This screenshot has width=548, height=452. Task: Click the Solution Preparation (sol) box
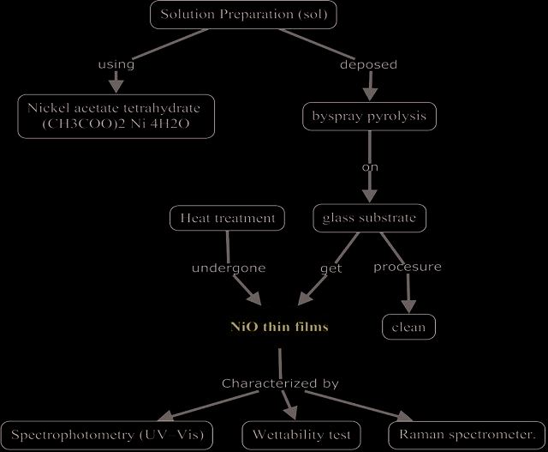[243, 15]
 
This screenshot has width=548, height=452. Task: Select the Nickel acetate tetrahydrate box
[116, 117]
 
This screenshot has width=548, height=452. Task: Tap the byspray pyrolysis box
[369, 117]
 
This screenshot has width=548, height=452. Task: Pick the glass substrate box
[369, 218]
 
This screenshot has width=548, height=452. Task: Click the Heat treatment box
[227, 218]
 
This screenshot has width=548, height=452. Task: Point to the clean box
[408, 327]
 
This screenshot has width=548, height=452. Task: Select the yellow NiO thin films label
[279, 327]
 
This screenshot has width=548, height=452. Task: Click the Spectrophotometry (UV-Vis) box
[107, 435]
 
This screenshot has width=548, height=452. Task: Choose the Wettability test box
[301, 435]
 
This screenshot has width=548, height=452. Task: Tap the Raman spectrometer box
[467, 435]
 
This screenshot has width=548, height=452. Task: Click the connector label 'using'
[116, 64]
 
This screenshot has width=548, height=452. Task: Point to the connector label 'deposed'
[368, 64]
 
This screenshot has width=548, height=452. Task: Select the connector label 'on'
[370, 167]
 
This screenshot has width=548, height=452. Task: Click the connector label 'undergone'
[229, 268]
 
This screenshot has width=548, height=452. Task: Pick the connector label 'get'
[331, 268]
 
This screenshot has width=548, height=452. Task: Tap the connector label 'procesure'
[408, 267]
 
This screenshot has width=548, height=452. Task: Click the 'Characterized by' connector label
[280, 383]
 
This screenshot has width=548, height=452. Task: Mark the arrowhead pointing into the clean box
[408, 306]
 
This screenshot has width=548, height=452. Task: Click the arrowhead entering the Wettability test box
[291, 413]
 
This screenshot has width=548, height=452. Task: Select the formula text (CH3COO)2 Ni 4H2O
[116, 124]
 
